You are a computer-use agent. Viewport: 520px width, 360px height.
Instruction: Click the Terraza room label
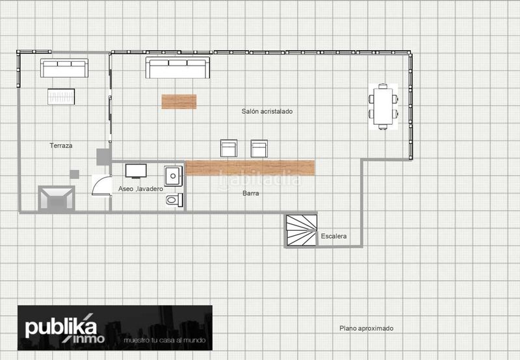pos(61,146)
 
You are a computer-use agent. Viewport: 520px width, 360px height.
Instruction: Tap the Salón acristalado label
pos(267,111)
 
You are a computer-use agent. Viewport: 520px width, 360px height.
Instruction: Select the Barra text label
pos(251,193)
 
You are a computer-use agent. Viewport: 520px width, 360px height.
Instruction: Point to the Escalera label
pos(333,236)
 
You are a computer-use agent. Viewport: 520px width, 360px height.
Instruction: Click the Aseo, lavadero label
pos(140,189)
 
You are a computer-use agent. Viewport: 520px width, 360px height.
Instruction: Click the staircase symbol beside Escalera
pos(302,231)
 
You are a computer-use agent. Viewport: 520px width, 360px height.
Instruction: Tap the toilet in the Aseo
pos(174,200)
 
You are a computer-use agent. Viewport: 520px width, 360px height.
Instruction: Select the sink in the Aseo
pos(173,176)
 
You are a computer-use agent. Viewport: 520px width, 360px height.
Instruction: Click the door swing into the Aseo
pos(102,185)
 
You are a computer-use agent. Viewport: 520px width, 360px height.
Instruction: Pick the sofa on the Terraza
pos(64,68)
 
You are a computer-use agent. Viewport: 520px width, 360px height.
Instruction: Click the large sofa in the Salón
pos(177,68)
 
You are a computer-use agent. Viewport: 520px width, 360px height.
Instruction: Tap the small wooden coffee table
pos(179,102)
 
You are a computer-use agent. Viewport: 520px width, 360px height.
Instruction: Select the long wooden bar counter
pos(250,168)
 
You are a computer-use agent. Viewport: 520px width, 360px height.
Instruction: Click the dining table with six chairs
pos(383,107)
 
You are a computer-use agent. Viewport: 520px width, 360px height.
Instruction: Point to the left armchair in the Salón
pos(229,148)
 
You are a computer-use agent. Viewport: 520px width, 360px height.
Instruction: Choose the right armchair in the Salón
pos(259,149)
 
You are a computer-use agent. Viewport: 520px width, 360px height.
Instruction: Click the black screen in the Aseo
pos(136,171)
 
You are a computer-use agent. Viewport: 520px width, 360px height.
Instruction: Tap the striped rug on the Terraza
pos(61,97)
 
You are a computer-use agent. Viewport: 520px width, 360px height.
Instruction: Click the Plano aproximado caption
pos(367,328)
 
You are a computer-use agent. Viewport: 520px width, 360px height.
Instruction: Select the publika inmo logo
pos(115,328)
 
